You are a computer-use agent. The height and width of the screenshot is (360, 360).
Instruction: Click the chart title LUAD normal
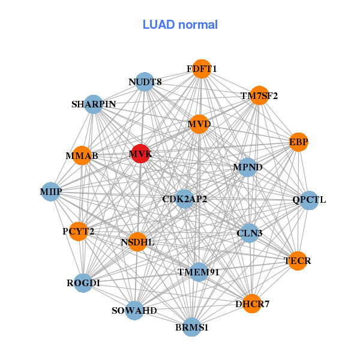tap(180, 25)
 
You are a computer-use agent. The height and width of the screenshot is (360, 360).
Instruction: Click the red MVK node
tap(140, 154)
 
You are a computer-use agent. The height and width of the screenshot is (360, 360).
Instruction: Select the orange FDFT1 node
tap(202, 69)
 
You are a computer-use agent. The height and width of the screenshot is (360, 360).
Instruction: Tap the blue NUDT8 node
tap(145, 82)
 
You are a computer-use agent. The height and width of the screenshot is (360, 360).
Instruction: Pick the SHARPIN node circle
tap(93, 104)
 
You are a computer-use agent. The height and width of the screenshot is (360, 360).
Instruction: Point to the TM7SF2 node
tap(259, 95)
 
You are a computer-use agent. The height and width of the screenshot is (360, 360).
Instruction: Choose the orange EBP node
tap(298, 142)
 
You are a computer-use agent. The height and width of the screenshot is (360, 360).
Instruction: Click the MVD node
tap(199, 124)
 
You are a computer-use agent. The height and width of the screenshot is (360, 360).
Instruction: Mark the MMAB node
tap(82, 156)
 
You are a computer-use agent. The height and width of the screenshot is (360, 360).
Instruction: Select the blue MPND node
tap(247, 167)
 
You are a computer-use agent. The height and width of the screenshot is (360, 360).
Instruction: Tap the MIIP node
tap(51, 191)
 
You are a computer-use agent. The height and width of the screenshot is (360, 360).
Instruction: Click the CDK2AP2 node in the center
tap(185, 199)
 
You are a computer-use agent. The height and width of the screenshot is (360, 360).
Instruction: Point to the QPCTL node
tap(309, 200)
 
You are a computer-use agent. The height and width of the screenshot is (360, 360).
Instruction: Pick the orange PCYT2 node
tap(78, 231)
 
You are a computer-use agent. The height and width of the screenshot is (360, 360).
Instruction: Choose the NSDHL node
tap(137, 242)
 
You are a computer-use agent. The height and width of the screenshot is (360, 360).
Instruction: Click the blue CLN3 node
tap(249, 232)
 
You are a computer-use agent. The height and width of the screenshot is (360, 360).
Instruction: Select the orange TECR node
tap(298, 261)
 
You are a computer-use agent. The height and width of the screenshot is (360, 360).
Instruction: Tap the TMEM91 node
tap(199, 272)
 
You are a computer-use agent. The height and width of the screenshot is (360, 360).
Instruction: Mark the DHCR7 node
tap(252, 304)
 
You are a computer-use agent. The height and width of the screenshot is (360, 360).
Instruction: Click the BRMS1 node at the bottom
tap(191, 328)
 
